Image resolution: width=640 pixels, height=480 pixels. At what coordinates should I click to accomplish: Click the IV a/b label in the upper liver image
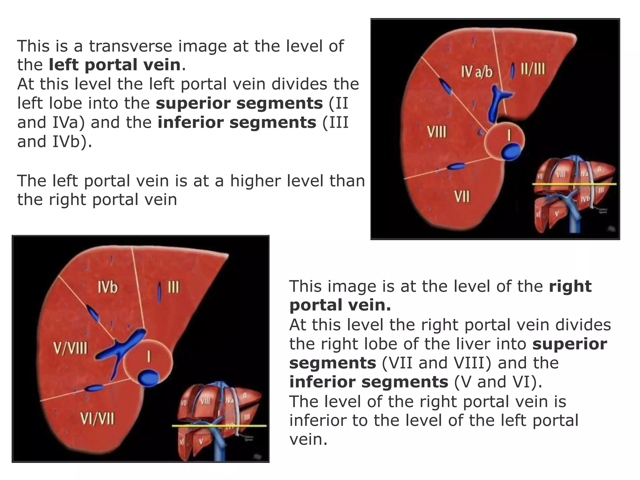click(476, 72)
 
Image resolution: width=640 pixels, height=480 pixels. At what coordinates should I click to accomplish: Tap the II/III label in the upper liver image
click(533, 69)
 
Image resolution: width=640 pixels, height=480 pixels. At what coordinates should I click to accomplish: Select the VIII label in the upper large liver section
click(437, 132)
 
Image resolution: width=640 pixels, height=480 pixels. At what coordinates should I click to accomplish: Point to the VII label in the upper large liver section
click(462, 197)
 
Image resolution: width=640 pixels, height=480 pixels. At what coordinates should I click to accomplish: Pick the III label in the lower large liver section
click(173, 287)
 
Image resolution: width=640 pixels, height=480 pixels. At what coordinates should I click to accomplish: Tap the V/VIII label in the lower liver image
click(70, 348)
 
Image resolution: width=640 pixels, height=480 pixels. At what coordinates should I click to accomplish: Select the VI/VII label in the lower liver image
click(97, 418)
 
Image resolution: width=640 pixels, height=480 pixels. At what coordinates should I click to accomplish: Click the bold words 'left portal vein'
click(115, 65)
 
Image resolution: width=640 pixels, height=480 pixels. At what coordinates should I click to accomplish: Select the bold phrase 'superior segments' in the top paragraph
click(239, 103)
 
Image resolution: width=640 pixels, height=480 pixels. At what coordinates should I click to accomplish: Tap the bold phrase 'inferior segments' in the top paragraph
click(237, 122)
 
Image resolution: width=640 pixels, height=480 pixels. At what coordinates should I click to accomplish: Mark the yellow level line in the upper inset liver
click(574, 184)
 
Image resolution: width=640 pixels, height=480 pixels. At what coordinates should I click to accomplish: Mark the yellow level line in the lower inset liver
click(219, 426)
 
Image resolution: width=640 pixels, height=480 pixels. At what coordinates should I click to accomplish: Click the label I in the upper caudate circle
click(509, 136)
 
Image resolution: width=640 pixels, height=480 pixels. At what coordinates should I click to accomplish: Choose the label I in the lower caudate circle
click(149, 357)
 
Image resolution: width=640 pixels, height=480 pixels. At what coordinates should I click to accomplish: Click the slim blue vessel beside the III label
click(159, 291)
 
